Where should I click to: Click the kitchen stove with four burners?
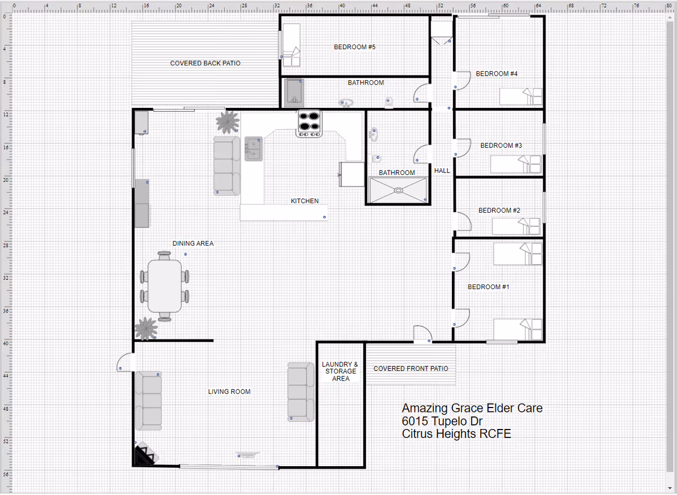[x=309, y=122]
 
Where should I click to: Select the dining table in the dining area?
[x=164, y=286]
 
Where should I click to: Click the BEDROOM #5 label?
[x=354, y=47]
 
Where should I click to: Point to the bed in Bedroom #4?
[x=521, y=97]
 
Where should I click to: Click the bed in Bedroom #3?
[x=516, y=164]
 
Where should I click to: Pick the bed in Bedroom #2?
[x=517, y=226]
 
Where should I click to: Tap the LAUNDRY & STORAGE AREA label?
[x=340, y=371]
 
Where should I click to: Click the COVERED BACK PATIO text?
[x=205, y=63]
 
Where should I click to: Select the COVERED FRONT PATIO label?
[x=411, y=369]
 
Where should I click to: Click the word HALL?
[x=442, y=170]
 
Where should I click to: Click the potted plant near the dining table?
[x=146, y=328]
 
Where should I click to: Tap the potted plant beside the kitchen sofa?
[x=227, y=121]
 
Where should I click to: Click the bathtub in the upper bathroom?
[x=293, y=92]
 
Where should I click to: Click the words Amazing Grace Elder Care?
[x=472, y=408]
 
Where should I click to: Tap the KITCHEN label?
[x=305, y=201]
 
